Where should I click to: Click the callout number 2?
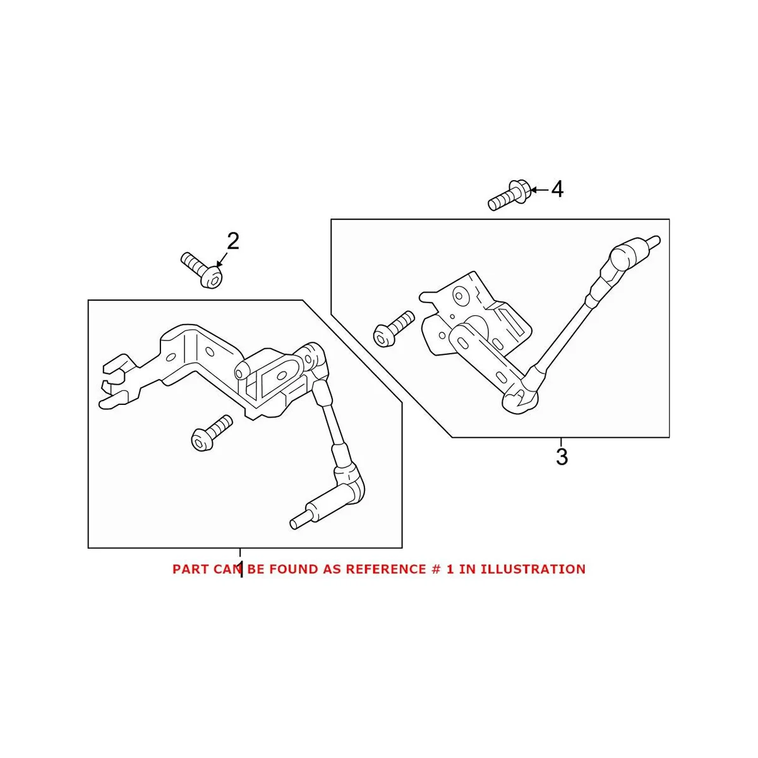coord(233,241)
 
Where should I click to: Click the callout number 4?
coord(557,189)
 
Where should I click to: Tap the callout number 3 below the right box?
coord(562,457)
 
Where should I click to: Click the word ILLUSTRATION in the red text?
coord(532,569)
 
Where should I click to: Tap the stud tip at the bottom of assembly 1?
coord(295,523)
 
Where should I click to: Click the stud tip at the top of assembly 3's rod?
coord(654,239)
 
